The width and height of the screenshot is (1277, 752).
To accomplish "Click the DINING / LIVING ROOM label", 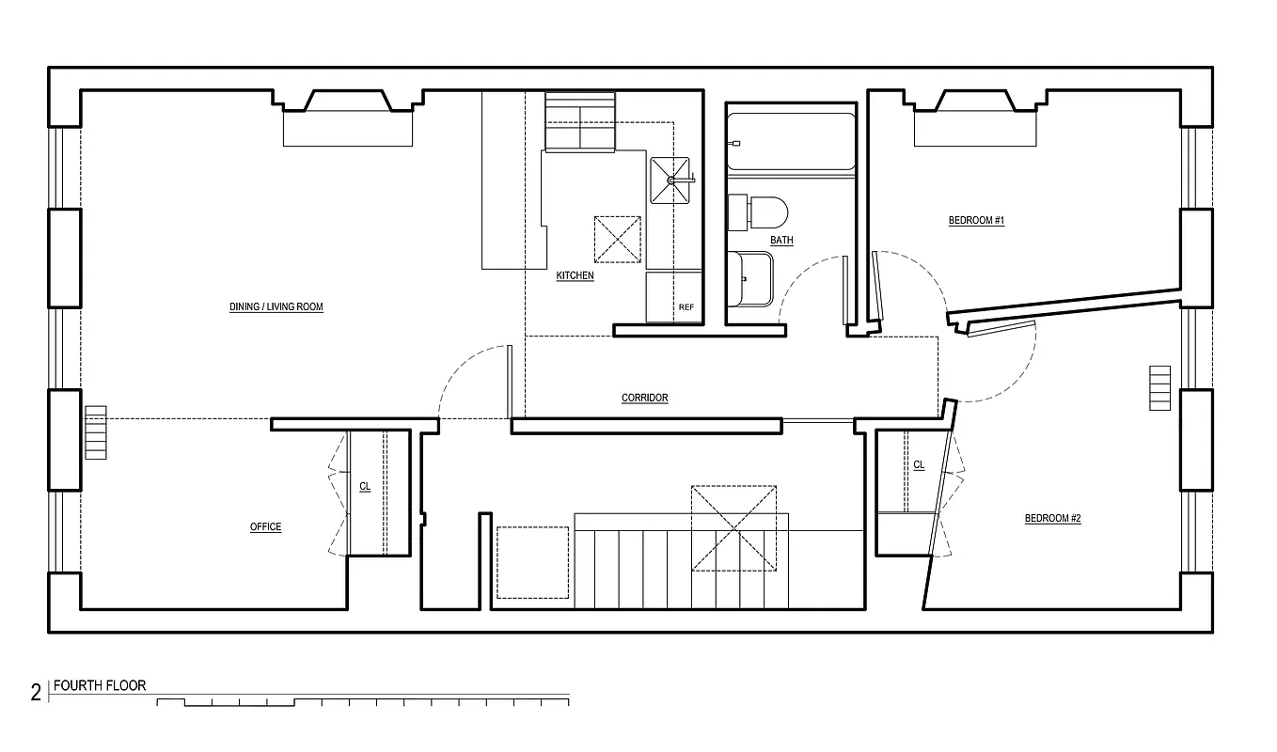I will click(x=276, y=307).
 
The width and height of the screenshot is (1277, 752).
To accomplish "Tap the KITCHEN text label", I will click(x=575, y=276).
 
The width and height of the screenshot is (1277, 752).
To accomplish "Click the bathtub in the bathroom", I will click(x=790, y=142).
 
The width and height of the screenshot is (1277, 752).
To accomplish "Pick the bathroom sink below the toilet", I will click(x=749, y=278).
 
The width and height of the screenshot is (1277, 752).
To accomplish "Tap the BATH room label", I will click(x=781, y=241).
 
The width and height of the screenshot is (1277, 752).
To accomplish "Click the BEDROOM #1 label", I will click(x=976, y=221).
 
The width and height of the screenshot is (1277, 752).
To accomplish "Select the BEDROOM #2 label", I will click(x=1052, y=519).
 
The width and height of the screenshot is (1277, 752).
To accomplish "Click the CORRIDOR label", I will click(x=645, y=399).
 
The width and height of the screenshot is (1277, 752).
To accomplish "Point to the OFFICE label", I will click(x=265, y=527).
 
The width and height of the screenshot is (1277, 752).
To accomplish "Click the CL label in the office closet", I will click(x=365, y=487).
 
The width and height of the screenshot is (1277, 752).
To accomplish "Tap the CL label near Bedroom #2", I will click(x=919, y=465).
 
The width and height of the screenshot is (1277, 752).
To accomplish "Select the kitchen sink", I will click(x=670, y=180).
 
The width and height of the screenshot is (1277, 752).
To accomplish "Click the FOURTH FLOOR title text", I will click(x=100, y=686).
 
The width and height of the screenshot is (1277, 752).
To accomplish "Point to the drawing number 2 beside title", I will click(x=36, y=694).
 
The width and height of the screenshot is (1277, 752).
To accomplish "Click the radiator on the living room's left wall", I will click(x=95, y=432).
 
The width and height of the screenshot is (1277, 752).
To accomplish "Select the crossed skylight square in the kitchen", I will click(x=618, y=239).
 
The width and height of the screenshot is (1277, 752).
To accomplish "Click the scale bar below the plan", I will click(x=362, y=701).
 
